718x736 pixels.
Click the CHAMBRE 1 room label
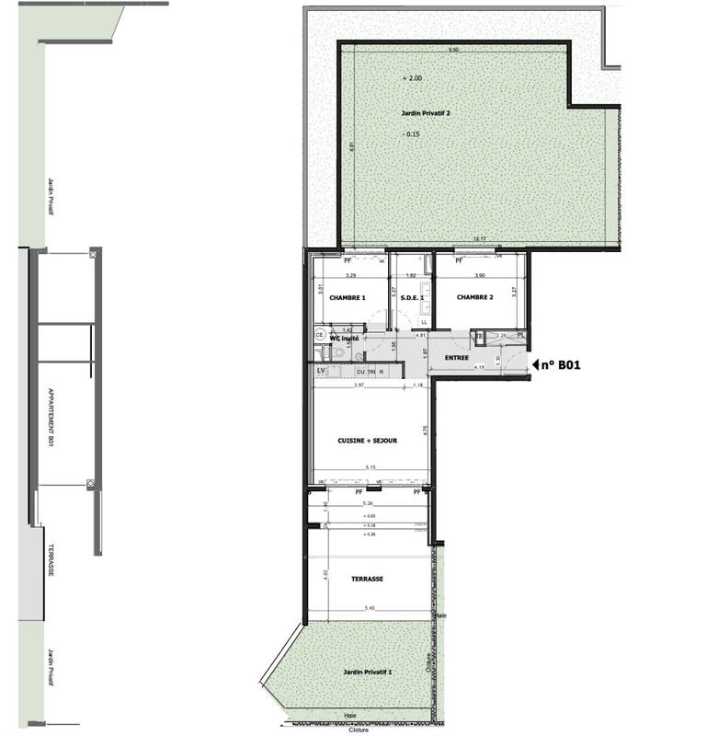[x=348, y=298]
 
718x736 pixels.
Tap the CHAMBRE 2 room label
[x=476, y=297]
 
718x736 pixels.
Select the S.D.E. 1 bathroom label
[x=411, y=298]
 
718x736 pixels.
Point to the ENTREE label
[x=457, y=357]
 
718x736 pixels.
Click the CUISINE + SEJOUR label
[x=368, y=441]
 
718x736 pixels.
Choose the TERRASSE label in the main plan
[x=367, y=579]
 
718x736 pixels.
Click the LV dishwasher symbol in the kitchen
[x=321, y=371]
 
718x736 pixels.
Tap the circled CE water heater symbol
[x=319, y=335]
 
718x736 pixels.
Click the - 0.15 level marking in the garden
[x=412, y=134]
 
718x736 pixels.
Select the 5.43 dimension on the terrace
[x=370, y=608]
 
